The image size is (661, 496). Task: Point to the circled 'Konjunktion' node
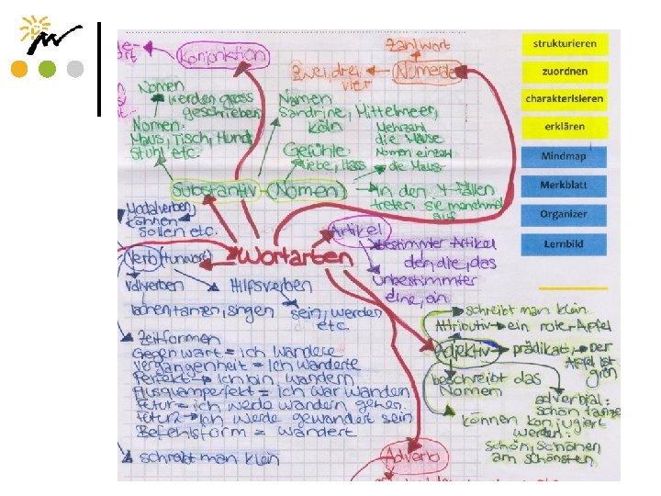(224, 55)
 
